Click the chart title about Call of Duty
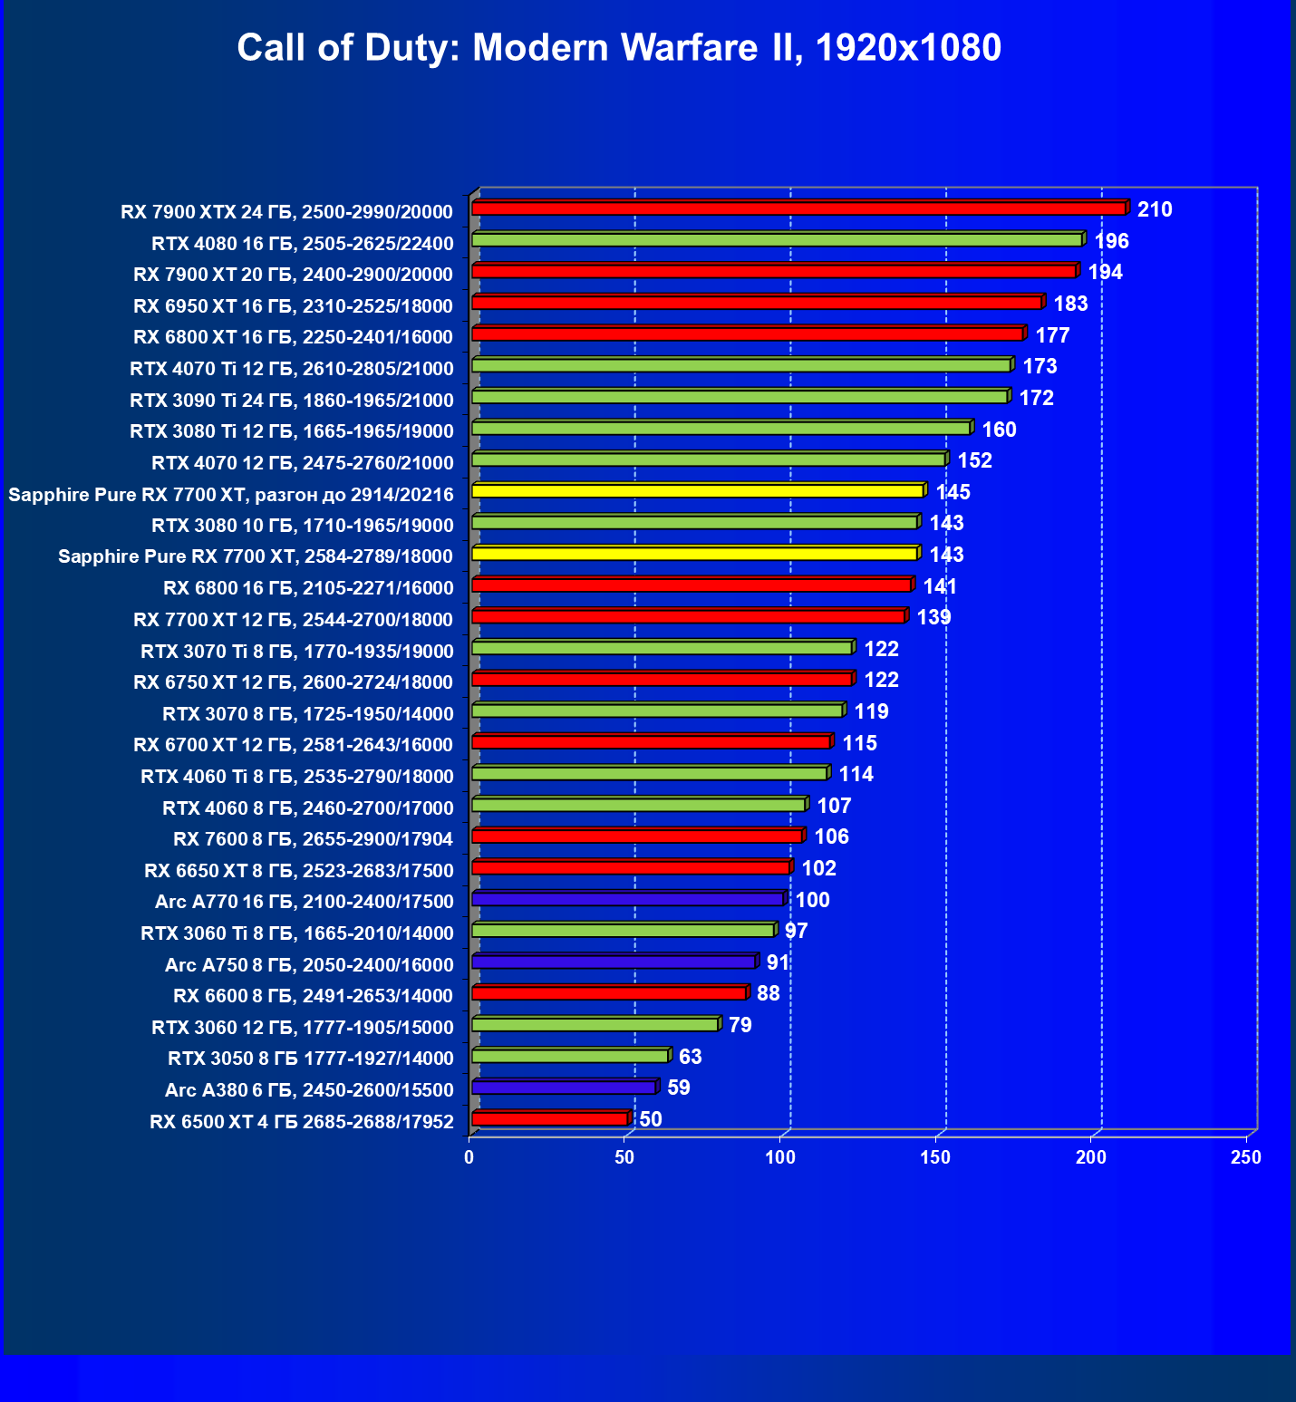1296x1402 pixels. [x=619, y=47]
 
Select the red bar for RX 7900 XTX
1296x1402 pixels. [x=798, y=208]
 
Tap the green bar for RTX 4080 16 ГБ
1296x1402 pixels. [x=777, y=240]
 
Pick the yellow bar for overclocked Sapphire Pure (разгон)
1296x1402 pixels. [x=698, y=491]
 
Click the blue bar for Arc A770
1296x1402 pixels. [x=627, y=899]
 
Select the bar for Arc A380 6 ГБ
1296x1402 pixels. [x=564, y=1088]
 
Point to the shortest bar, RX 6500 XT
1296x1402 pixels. [x=550, y=1119]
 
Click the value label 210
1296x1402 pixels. [x=1155, y=210]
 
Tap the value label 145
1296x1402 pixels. [x=953, y=492]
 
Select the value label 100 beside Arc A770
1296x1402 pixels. [x=812, y=900]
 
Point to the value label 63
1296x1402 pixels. [x=690, y=1057]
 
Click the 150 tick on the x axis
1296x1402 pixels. [x=935, y=1157]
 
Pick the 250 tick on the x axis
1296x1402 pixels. [x=1246, y=1157]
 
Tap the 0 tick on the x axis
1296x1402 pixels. [x=469, y=1157]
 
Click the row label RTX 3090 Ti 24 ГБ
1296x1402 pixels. [x=291, y=400]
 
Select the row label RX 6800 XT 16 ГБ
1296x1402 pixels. [x=293, y=337]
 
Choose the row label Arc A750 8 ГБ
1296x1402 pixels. [x=308, y=965]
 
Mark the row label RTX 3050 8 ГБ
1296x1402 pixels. [x=310, y=1059]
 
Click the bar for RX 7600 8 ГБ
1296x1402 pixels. [x=637, y=836]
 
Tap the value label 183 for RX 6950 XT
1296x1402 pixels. [x=1070, y=304]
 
